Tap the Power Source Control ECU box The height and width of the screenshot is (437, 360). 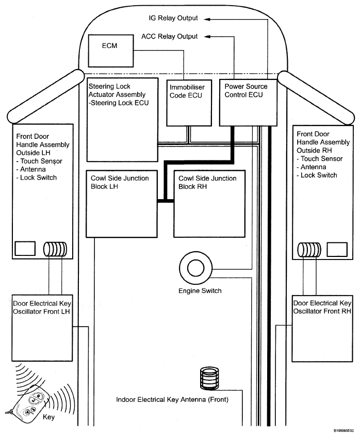click(244, 102)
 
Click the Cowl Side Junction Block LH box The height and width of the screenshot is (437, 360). click(121, 203)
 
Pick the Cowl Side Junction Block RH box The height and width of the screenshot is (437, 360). click(207, 203)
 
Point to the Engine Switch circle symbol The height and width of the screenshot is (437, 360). click(196, 268)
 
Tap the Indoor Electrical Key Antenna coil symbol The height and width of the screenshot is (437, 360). click(210, 378)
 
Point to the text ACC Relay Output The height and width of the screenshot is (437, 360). click(169, 37)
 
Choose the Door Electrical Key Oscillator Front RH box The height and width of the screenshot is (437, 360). click(322, 327)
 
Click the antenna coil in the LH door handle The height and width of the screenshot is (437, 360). click(53, 249)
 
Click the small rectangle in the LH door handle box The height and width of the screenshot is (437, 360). click(24, 249)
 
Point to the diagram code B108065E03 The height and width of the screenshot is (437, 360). click(342, 430)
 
